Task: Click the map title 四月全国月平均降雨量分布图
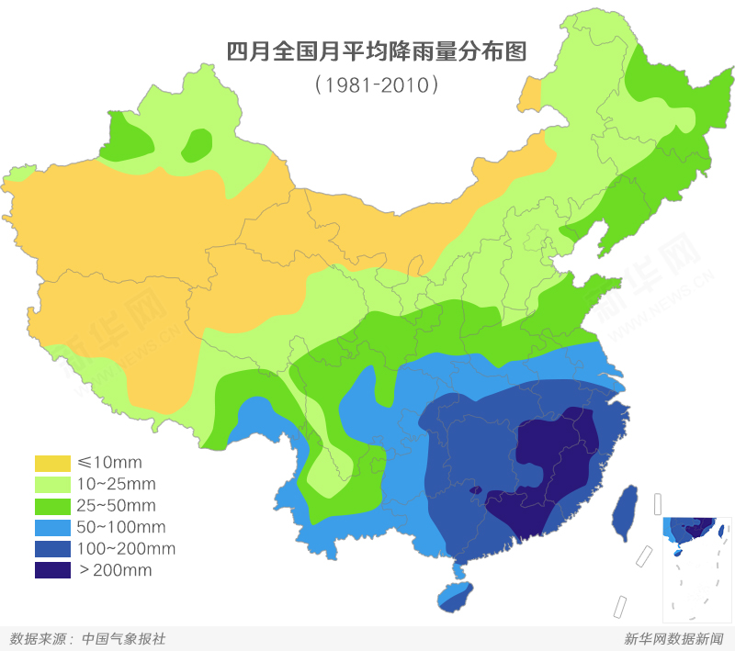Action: point(376,51)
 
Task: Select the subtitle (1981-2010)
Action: point(376,84)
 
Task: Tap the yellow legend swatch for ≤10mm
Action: point(52,462)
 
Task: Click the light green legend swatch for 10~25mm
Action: point(52,484)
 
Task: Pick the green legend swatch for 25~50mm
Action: point(52,505)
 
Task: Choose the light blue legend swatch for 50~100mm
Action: point(52,527)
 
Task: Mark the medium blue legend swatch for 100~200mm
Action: point(52,549)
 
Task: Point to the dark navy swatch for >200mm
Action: point(52,570)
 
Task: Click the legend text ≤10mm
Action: point(109,462)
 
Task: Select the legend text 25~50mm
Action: point(117,506)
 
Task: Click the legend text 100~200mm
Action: point(126,549)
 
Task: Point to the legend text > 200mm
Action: point(115,571)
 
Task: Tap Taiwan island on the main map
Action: point(626,511)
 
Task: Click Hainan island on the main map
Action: point(455,595)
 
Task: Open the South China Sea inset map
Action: point(695,560)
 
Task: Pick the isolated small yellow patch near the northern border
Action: point(530,95)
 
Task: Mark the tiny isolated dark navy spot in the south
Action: point(475,491)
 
